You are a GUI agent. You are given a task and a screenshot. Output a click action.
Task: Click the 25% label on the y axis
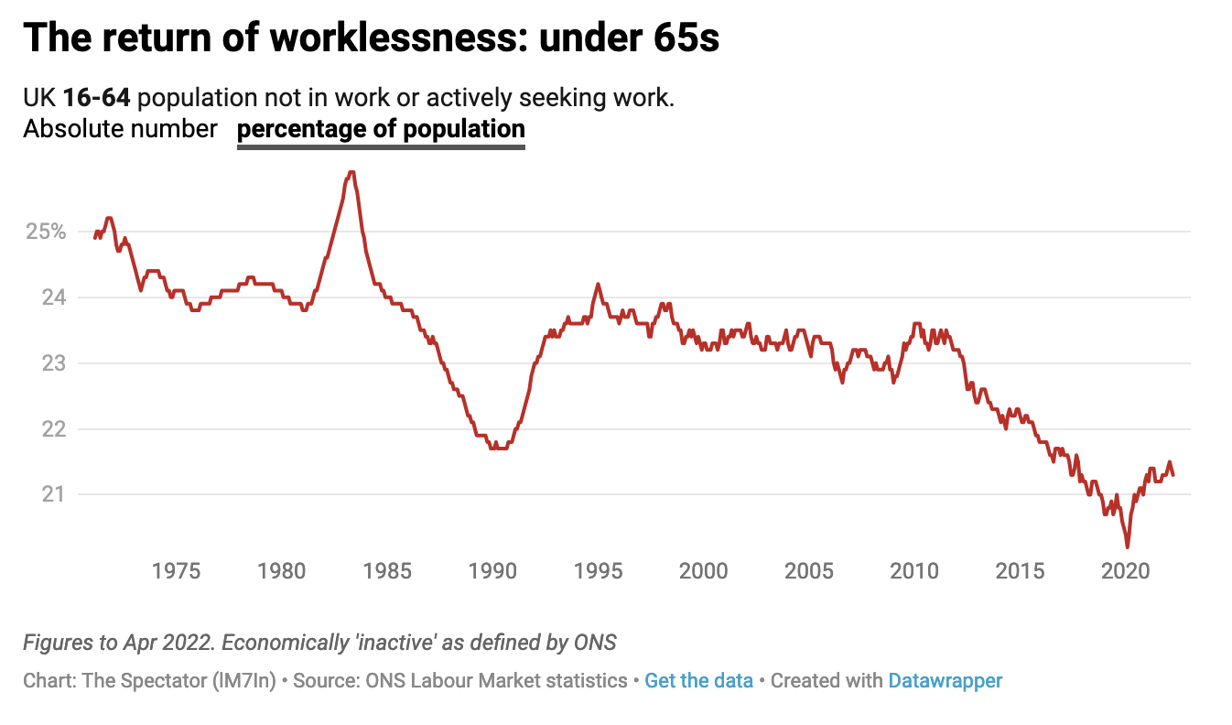[45, 232]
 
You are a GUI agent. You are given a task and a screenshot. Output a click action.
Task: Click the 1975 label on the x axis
[177, 571]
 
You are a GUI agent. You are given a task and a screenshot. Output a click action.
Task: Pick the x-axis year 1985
[387, 571]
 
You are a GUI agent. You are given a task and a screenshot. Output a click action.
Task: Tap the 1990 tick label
[492, 571]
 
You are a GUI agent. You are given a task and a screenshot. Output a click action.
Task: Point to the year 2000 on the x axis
[704, 571]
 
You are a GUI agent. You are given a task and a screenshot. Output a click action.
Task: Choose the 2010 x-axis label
[914, 571]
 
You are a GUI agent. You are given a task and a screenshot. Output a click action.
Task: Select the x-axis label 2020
[1125, 571]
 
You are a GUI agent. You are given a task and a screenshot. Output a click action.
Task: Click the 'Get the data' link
[698, 681]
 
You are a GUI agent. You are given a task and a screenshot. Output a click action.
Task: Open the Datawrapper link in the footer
[945, 681]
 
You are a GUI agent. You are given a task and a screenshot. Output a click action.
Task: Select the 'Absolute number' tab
[120, 129]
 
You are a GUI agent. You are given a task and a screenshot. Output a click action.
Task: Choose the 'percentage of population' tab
[381, 129]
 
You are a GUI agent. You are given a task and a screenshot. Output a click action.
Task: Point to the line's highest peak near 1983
[351, 172]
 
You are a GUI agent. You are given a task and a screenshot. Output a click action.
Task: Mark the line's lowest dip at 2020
[1127, 546]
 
